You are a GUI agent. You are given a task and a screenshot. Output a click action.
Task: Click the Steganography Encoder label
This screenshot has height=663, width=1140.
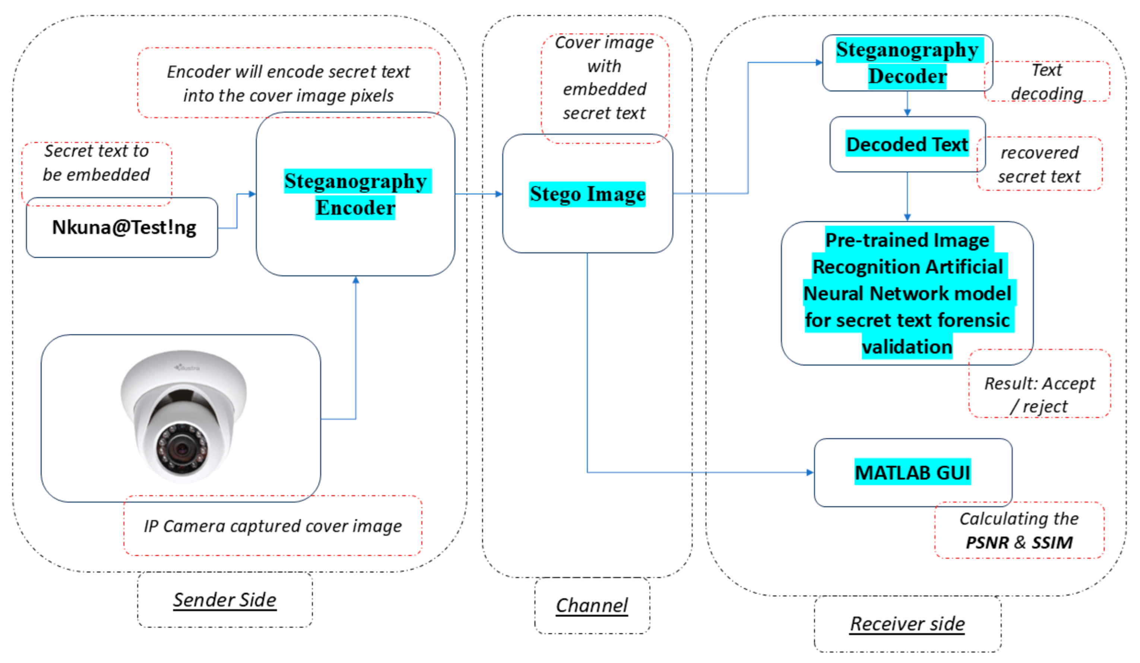pos(355,194)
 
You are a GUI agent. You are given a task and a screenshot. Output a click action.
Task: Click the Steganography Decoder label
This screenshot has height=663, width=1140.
pos(907,63)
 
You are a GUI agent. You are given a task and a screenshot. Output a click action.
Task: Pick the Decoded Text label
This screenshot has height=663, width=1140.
pos(907,144)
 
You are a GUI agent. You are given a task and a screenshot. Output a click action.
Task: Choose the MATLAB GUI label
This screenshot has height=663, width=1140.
pos(912,473)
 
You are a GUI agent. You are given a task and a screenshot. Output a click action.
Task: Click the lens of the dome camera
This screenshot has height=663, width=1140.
pos(182,449)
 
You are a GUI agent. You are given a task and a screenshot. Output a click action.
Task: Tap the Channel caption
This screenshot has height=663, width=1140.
pos(592,605)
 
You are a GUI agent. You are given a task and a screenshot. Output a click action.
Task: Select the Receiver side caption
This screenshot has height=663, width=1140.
pos(907,623)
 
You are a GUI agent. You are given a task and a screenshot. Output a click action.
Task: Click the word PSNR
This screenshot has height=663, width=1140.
pos(987,542)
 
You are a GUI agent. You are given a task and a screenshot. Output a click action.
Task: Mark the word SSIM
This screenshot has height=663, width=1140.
pos(1052,542)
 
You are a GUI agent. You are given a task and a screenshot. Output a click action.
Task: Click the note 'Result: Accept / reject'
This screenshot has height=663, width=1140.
pos(1039,395)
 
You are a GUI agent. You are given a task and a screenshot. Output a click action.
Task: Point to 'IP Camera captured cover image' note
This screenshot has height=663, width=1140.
pos(273,526)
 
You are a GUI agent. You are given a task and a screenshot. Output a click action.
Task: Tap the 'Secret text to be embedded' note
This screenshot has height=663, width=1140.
pos(96,162)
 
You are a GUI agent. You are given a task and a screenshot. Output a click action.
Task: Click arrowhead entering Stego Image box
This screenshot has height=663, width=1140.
pos(499,194)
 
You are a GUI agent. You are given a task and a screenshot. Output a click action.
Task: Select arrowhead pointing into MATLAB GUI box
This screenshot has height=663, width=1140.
pos(810,473)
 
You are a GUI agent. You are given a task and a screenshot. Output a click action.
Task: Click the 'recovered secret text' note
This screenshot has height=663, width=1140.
pos(1039,164)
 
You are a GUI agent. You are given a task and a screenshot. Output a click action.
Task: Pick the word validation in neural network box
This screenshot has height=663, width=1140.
pos(907,347)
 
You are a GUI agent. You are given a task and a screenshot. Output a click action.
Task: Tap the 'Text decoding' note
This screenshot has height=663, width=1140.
pos(1046,82)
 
